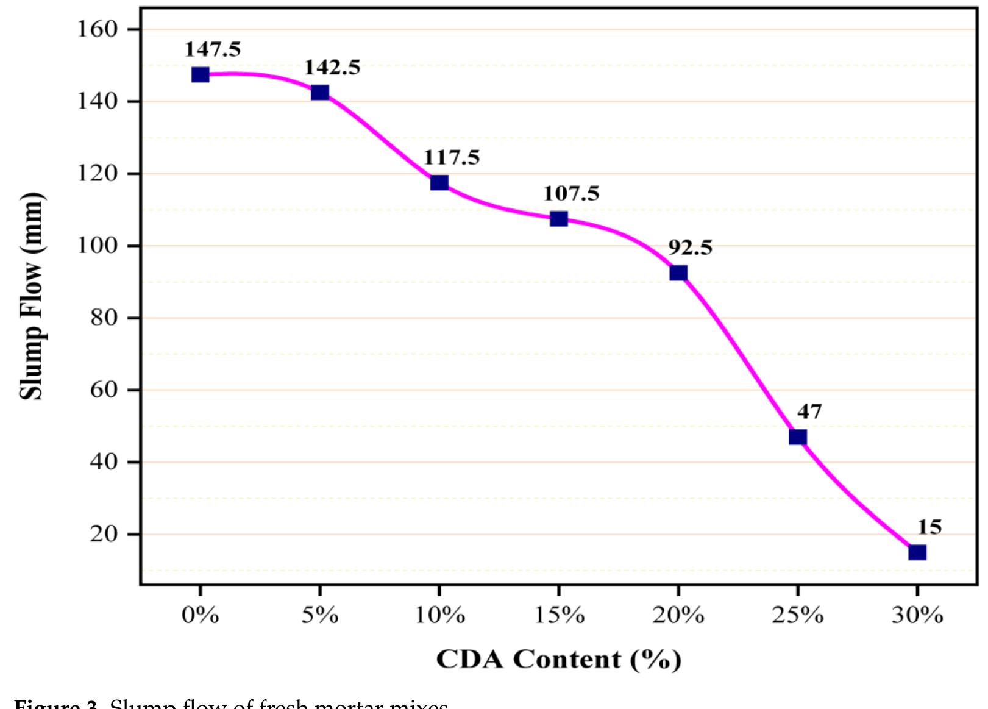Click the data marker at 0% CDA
200,74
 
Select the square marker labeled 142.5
320,93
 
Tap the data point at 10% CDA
439,182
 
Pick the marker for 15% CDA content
559,219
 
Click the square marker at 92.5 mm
678,273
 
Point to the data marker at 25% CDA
798,436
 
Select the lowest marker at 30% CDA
917,552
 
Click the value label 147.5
213,49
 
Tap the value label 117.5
452,158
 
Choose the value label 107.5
571,194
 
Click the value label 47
809,412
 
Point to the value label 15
929,527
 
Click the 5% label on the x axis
320,616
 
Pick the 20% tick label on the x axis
678,616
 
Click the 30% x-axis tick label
917,616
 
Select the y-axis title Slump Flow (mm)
32,296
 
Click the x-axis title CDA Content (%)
558,660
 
